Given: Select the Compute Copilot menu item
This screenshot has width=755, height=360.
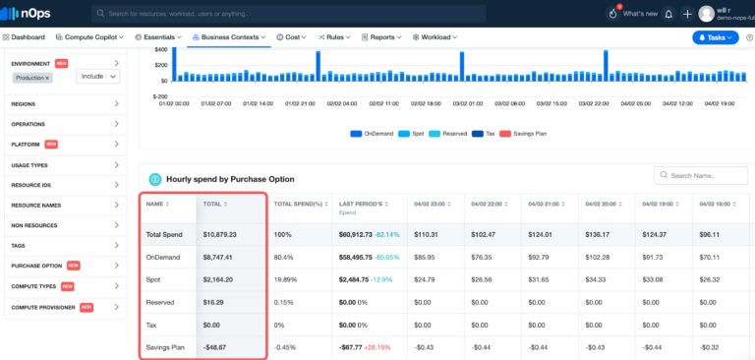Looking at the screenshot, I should click(93, 36).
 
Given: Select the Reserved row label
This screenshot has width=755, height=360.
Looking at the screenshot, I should click(162, 301).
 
